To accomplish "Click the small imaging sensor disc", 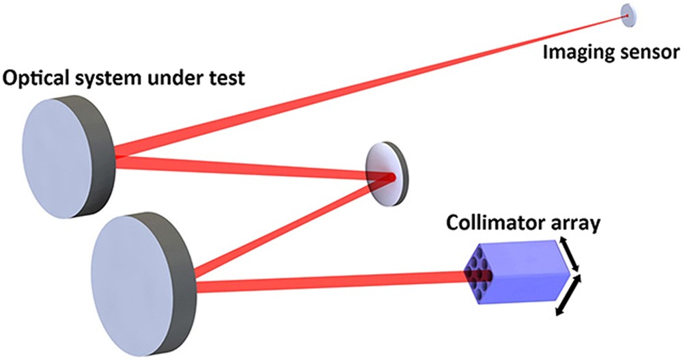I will coord(627,16).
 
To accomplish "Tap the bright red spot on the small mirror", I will coord(389,178).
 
